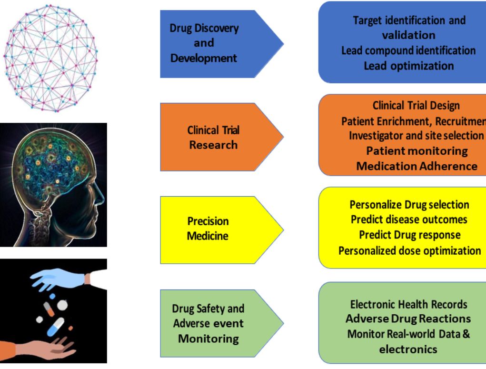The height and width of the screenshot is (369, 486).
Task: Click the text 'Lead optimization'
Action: click(x=408, y=66)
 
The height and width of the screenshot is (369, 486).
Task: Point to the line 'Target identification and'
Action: click(x=409, y=20)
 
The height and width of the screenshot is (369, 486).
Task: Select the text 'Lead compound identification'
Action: click(x=408, y=50)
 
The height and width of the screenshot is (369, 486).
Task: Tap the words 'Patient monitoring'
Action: click(x=417, y=151)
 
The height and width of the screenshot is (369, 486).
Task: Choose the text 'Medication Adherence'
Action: click(x=417, y=166)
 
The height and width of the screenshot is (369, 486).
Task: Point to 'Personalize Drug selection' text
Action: click(x=409, y=205)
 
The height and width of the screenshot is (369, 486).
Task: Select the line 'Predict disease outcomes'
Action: click(x=409, y=220)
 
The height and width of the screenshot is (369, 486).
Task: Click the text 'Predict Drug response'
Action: click(x=409, y=235)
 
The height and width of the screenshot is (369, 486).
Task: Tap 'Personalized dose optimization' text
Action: click(x=409, y=250)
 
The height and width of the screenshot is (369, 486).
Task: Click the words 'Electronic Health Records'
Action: click(x=408, y=304)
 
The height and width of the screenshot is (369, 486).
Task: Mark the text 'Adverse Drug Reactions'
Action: click(x=408, y=319)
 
